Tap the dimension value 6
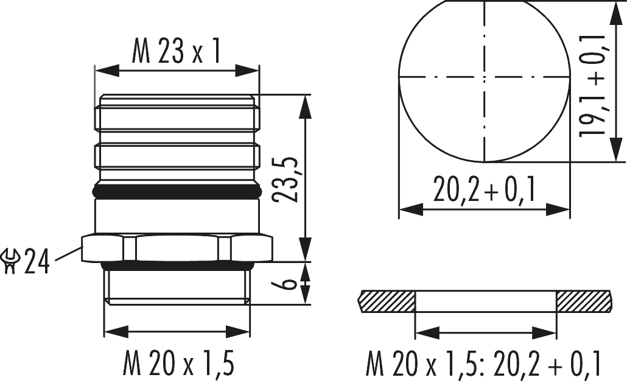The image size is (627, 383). coord(290,283)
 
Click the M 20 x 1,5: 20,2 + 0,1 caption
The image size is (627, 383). coord(484,365)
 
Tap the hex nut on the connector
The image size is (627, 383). coord(177,248)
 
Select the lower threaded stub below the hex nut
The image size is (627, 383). coord(177,286)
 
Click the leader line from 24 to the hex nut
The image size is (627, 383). coord(66,255)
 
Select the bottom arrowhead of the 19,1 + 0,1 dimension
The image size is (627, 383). coord(611,155)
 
